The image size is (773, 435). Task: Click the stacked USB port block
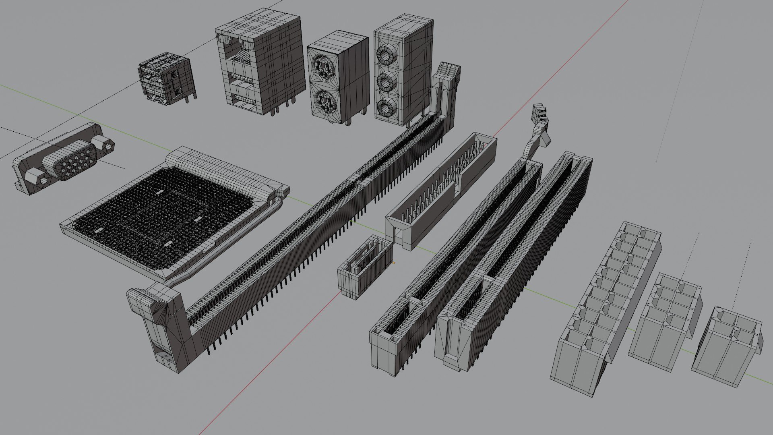(166, 79)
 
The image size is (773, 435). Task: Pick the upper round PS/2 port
(324, 66)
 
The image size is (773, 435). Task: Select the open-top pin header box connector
(441, 189)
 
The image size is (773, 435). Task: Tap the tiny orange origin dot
(393, 263)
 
